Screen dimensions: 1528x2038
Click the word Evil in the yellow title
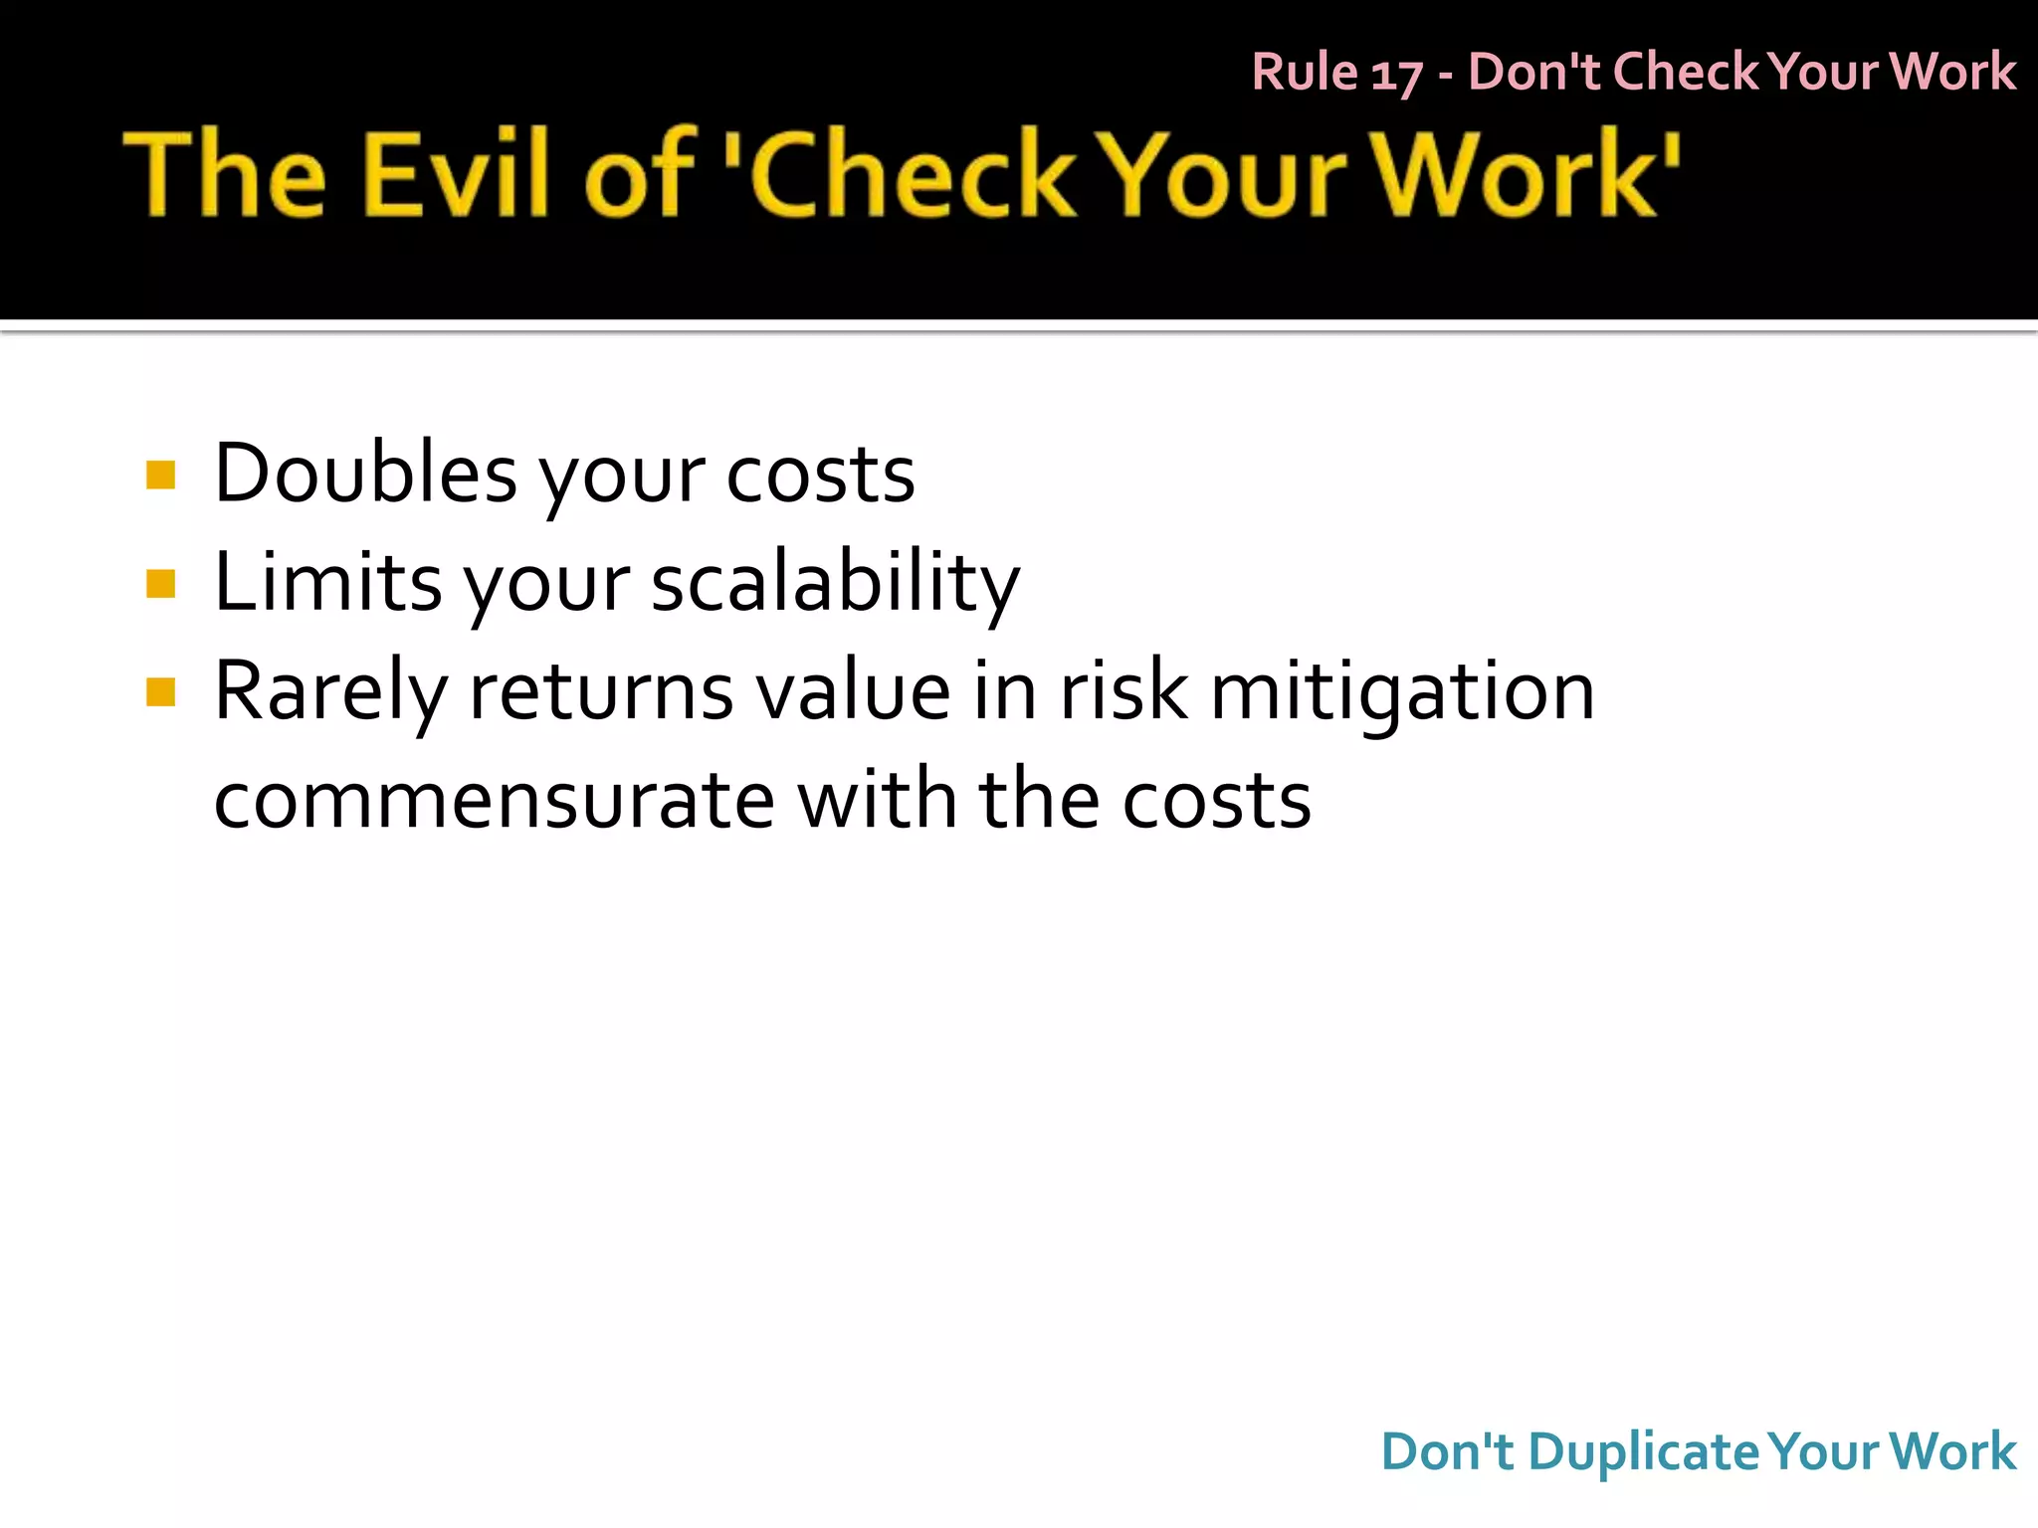(456, 173)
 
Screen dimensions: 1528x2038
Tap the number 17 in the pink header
(1396, 74)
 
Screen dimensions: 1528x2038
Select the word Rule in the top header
(1305, 72)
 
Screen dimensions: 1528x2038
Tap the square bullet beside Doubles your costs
(160, 475)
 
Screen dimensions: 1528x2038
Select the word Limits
(327, 582)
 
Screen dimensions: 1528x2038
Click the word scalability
(836, 584)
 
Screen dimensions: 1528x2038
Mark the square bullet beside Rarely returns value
(160, 691)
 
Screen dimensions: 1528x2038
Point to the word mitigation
(1402, 693)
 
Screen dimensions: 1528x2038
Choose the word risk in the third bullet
(1123, 691)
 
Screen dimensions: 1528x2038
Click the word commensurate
(494, 801)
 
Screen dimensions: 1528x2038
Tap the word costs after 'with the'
(1217, 801)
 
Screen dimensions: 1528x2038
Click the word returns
(601, 693)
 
